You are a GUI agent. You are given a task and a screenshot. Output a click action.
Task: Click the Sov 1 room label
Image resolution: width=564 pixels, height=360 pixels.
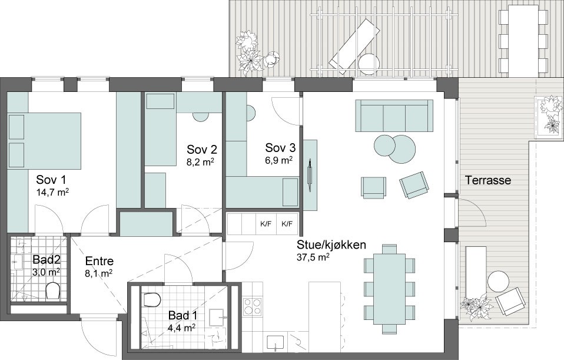pos(51,180)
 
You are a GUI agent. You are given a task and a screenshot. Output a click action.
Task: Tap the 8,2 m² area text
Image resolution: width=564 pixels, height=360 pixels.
pos(200,162)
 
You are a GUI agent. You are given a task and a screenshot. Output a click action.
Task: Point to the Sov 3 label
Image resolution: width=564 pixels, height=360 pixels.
pos(280,148)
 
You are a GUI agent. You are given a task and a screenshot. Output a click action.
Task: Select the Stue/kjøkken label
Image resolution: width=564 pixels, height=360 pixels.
pos(331,245)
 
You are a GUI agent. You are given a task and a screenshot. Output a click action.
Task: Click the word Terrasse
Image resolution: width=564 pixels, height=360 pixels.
pos(487,180)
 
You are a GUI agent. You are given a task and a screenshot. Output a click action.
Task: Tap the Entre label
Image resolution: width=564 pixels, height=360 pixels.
pos(99,261)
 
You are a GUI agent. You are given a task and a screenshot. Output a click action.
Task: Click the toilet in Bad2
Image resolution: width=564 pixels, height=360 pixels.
pos(53,290)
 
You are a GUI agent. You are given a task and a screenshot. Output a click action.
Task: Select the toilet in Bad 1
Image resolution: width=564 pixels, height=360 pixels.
pos(151,300)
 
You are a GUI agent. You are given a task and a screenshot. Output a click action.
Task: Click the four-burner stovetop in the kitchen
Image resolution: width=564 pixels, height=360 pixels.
pos(253,306)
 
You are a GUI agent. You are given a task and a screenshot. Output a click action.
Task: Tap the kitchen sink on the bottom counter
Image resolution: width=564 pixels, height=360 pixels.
pos(276,343)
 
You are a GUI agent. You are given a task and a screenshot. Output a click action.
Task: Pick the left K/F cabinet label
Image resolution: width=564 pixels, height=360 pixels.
pos(266,223)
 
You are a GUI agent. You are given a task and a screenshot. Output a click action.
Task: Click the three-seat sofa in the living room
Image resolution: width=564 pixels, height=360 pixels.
pos(394,116)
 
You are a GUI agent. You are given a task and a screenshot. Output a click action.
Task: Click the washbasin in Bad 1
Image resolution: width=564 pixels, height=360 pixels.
pos(217,317)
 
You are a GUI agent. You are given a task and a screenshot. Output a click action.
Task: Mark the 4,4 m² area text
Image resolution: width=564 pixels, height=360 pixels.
pos(182,328)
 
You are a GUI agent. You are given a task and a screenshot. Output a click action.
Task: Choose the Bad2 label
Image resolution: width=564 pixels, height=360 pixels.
pos(47,259)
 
